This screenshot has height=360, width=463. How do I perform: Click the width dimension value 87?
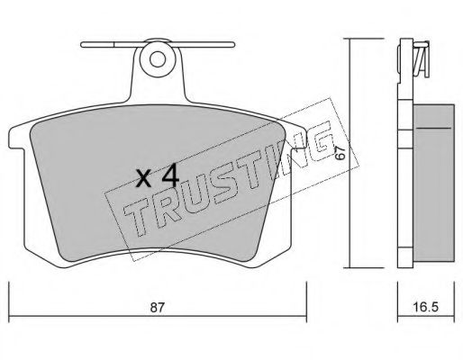158,307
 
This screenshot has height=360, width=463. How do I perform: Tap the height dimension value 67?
340,153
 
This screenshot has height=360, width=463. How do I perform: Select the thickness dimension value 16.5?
426,307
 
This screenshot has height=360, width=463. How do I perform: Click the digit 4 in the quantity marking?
170,175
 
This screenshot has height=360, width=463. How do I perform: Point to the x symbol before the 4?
144,178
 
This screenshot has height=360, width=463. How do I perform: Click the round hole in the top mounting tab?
158,59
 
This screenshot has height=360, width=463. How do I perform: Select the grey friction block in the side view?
433,183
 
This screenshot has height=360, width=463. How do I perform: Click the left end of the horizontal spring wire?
82,45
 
